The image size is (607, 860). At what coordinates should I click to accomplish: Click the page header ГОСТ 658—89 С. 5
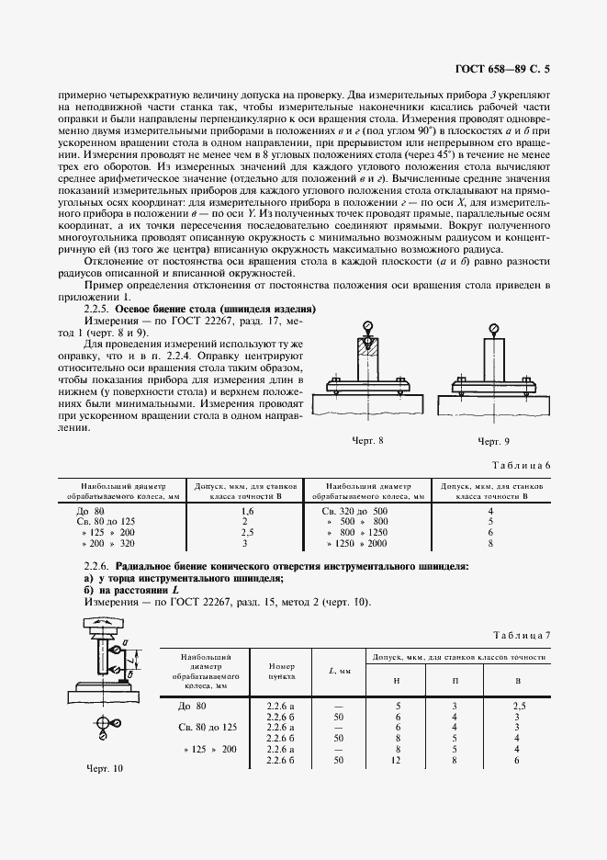(504, 69)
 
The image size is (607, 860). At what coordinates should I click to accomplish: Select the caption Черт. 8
(367, 440)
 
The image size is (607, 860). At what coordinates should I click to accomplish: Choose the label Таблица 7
(521, 635)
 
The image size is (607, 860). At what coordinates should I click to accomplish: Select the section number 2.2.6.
(96, 567)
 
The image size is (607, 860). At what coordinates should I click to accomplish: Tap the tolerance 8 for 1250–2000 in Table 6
(491, 544)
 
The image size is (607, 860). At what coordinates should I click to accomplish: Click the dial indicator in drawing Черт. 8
(367, 326)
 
